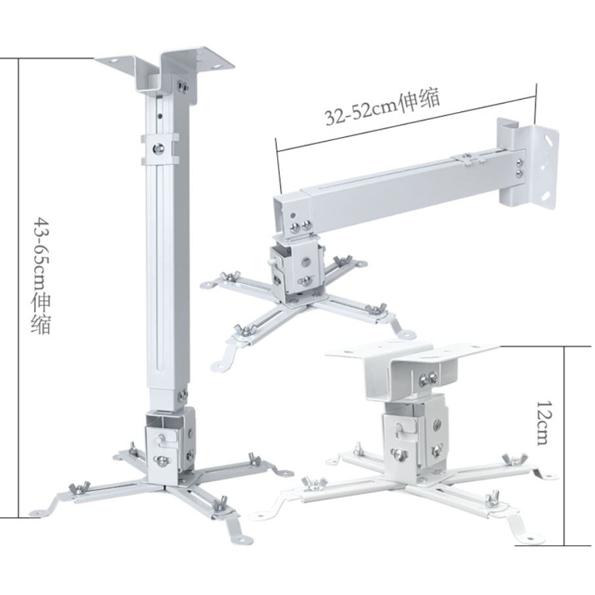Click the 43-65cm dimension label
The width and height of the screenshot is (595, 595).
click(41, 275)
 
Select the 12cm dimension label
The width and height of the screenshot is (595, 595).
click(543, 423)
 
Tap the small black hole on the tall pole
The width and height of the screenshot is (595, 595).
click(161, 117)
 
